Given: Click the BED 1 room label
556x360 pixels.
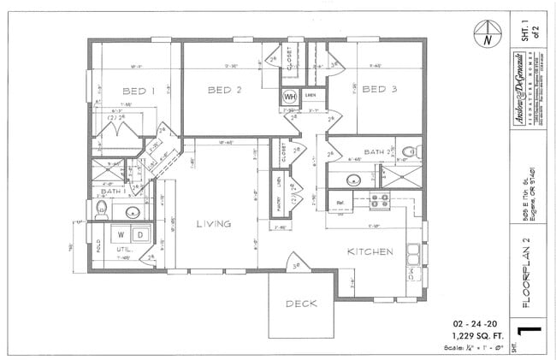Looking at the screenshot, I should pyautogui.click(x=138, y=91).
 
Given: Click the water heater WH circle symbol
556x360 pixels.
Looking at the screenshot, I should pyautogui.click(x=291, y=97).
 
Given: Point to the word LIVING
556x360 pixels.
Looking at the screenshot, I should pyautogui.click(x=214, y=224).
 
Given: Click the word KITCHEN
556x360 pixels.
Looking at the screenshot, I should pyautogui.click(x=370, y=251).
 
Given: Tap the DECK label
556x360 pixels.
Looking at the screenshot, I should pyautogui.click(x=301, y=303).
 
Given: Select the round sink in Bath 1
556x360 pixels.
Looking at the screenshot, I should pyautogui.click(x=133, y=212).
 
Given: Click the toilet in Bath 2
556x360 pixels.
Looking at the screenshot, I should pyautogui.click(x=411, y=152).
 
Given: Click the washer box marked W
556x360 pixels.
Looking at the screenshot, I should pyautogui.click(x=121, y=234).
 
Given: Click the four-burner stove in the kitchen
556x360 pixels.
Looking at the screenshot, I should pyautogui.click(x=380, y=201).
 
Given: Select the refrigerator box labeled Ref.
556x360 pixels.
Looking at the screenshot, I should pyautogui.click(x=341, y=202).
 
